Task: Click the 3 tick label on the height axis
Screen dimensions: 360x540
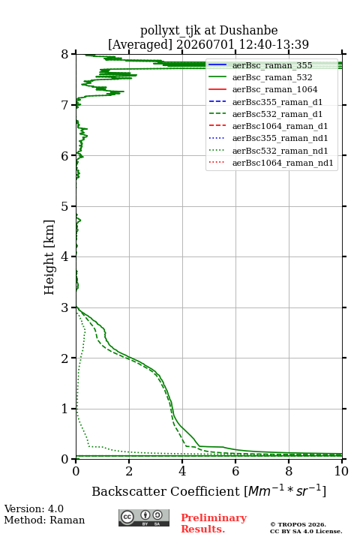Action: pos(64,307)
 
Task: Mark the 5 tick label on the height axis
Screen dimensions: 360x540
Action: pos(64,206)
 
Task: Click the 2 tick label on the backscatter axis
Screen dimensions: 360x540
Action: pos(129,471)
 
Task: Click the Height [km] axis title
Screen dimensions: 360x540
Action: pos(49,257)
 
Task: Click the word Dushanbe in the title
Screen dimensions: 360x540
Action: pos(248,31)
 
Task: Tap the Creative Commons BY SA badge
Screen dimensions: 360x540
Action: pos(144,517)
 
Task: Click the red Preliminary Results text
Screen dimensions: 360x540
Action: pos(214,523)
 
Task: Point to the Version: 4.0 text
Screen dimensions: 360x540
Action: pos(34,508)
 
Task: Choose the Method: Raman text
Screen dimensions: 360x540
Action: pos(44,520)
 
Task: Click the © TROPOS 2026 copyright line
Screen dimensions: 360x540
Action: pos(298,524)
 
